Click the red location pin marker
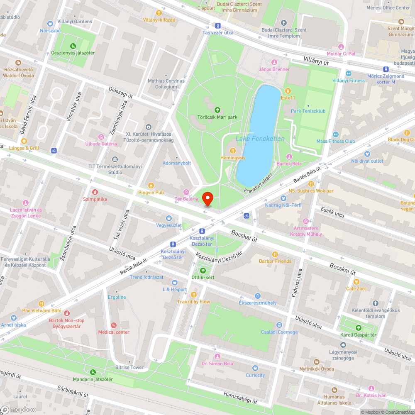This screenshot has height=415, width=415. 207,199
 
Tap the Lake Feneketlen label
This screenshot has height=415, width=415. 260,139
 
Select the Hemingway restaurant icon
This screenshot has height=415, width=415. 233,151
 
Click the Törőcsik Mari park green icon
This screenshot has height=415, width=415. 217,110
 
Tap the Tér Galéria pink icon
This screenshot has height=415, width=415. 186,192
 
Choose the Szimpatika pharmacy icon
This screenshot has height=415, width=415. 95,192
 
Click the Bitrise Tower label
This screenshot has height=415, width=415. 129,367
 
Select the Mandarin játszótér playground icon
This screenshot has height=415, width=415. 93,372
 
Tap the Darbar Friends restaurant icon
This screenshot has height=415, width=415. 274,254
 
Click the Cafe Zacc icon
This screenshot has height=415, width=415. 356,281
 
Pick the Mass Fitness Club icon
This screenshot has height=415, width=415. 335,134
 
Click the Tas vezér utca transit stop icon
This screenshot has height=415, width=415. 217,25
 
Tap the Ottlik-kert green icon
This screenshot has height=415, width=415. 203,270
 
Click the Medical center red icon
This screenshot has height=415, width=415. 113,325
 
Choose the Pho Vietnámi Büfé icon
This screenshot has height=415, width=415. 41,303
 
